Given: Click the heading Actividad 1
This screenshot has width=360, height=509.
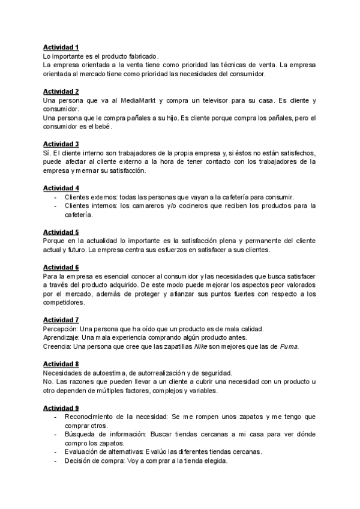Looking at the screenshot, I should point(61,47).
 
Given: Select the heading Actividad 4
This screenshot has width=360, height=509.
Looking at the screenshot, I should point(61,188).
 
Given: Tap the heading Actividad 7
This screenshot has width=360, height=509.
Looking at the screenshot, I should point(61,320).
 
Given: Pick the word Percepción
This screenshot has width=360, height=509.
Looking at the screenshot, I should point(61,329).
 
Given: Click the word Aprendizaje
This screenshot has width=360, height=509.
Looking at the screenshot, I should point(63,338).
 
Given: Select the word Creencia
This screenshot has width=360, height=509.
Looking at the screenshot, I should point(58,346).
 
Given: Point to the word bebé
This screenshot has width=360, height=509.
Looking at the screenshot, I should point(101,127).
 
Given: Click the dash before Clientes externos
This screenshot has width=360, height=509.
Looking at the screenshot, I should point(56,197).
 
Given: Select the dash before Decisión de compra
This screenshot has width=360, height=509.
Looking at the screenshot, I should point(56,461).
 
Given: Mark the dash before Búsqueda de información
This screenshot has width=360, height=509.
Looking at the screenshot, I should point(56,434).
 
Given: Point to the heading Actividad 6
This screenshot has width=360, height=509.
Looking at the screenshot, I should point(61,267).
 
